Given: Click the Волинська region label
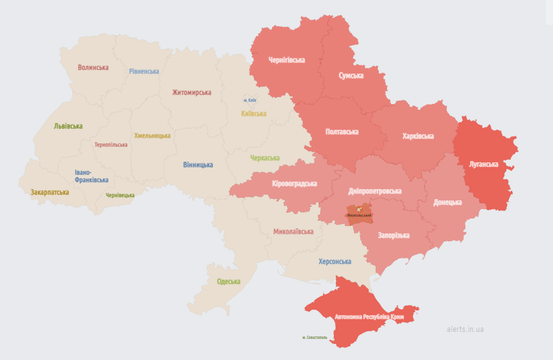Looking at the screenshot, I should tap(93, 67).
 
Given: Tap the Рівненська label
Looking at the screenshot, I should tap(144, 71).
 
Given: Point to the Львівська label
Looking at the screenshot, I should tap(68, 126).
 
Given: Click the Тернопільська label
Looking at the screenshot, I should tap(111, 145).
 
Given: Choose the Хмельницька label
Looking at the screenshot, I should tap(152, 135).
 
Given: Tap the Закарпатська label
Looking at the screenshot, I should tap(50, 192).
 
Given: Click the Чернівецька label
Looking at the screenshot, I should tap(120, 195).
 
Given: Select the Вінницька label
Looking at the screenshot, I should tap(198, 165).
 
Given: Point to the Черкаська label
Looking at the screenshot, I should tap(265, 158).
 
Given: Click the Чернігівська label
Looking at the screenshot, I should tap(286, 60).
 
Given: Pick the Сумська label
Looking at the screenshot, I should tap(351, 75).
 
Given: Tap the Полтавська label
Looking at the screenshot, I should tap(342, 132).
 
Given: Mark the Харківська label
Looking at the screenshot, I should tap(418, 136).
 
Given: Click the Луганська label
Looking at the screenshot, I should tap(484, 164).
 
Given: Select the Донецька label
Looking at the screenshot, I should tap(448, 202).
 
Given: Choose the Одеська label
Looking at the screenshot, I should tap(228, 281).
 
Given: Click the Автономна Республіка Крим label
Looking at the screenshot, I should tap(369, 317).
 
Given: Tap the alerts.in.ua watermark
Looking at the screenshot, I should tap(466, 329).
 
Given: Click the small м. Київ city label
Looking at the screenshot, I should tap(250, 100).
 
